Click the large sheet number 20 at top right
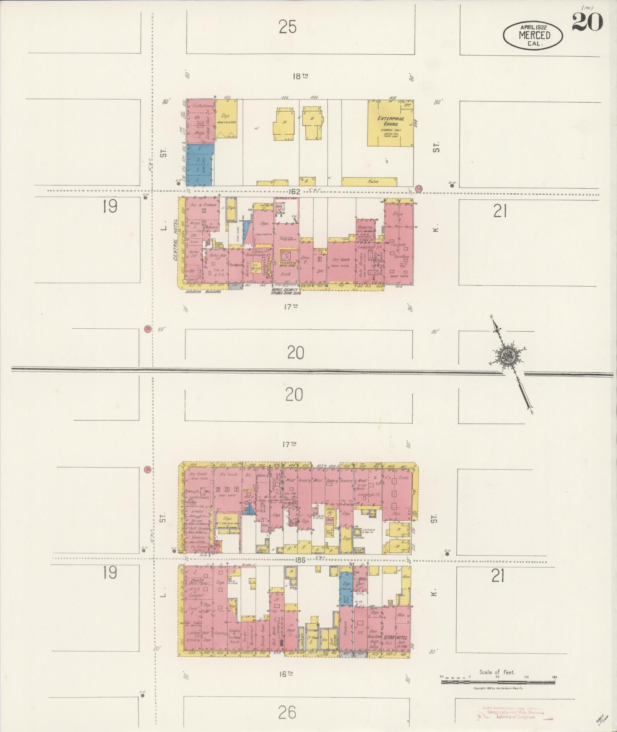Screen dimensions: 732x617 (587, 21)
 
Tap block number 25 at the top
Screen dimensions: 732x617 (288, 27)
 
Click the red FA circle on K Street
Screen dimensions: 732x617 (419, 188)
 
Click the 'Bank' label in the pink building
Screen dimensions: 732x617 (285, 274)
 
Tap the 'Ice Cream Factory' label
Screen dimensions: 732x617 (199, 548)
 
